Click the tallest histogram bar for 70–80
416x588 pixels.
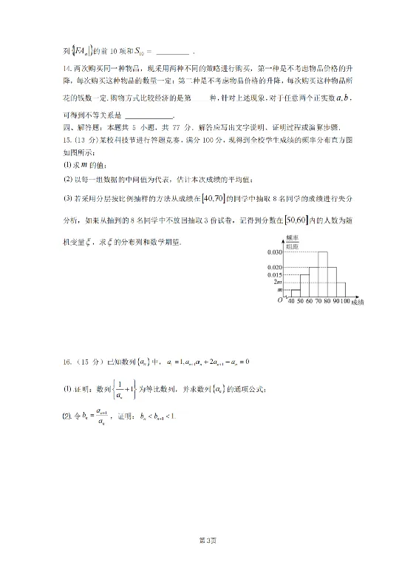(x=323, y=274)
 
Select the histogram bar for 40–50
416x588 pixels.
(x=295, y=294)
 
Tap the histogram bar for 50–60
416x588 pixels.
(x=304, y=286)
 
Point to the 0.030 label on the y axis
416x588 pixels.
(x=275, y=252)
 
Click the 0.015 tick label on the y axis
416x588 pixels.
(x=275, y=274)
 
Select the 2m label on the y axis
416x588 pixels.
(x=278, y=282)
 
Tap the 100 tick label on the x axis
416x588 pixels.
(x=345, y=303)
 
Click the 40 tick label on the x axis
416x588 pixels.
(x=290, y=303)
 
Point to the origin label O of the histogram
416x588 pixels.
(x=280, y=301)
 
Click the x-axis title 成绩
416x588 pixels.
(x=358, y=303)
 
